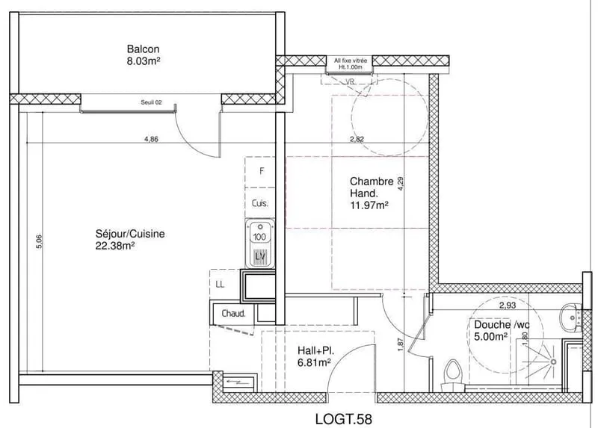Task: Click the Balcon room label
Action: (143, 49)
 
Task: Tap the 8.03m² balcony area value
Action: (143, 61)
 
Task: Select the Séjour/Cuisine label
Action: (130, 234)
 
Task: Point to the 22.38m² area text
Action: (115, 246)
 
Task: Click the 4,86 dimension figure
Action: (151, 139)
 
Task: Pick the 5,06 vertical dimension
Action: (39, 241)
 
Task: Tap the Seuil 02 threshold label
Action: (152, 102)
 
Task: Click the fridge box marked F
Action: (260, 172)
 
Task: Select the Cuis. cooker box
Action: (260, 202)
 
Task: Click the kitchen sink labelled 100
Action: (260, 244)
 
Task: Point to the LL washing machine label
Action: (220, 285)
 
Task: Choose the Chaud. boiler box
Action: (233, 314)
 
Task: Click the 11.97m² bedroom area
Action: (369, 206)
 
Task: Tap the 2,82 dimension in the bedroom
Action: (357, 139)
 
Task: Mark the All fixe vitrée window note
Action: (351, 61)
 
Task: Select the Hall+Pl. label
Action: (316, 350)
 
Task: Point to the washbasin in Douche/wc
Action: (570, 317)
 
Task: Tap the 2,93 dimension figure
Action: (508, 306)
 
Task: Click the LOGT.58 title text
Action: (344, 419)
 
